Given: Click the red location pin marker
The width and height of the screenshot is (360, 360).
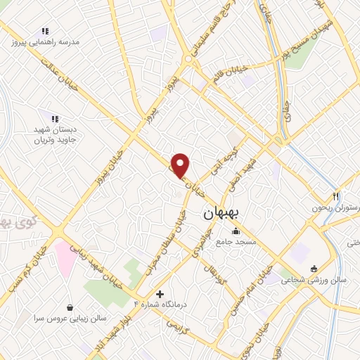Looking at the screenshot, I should pos(181,165).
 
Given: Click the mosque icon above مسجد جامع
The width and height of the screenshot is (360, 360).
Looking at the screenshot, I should pos(236,231).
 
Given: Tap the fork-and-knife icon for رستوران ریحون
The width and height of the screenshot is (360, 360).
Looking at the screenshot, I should pos(336,196).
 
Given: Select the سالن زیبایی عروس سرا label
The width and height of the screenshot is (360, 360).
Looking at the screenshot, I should pos(68,318).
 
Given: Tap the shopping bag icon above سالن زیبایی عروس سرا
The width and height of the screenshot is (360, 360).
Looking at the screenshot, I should pos(70,307).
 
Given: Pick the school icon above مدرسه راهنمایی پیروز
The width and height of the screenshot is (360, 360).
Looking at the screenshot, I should pos(46,32).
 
